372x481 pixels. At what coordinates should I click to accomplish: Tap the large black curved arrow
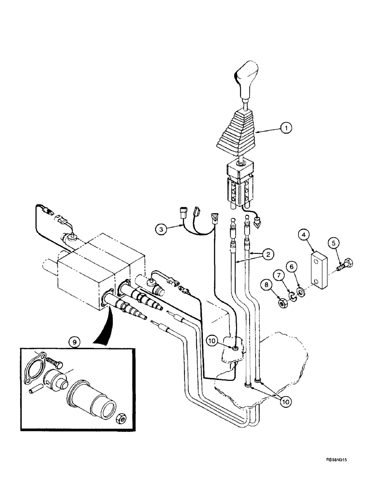click(101, 322)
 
